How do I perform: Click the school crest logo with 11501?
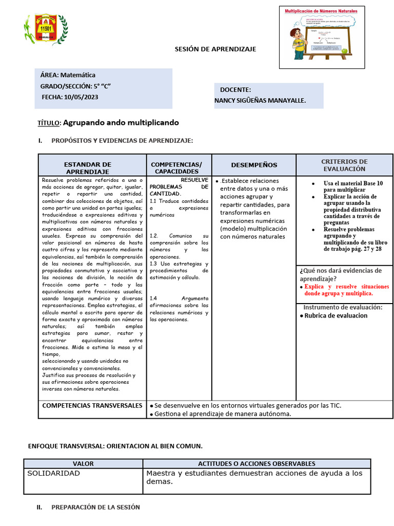coord(45,29)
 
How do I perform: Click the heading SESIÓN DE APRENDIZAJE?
coord(215,49)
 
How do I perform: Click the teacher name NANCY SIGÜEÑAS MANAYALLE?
coord(260,101)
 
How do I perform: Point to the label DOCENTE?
coord(235,89)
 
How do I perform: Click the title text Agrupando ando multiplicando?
coord(121,123)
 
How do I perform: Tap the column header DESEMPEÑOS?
coord(254,165)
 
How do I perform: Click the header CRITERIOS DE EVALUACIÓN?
coord(344,165)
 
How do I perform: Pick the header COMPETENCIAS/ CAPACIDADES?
coord(176,167)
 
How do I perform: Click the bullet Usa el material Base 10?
coord(353,186)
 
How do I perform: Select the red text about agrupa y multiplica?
coord(346,290)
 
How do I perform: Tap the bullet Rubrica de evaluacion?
coord(336,315)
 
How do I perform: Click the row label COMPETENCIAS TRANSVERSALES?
coord(92,406)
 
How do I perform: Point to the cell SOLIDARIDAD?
coord(53,474)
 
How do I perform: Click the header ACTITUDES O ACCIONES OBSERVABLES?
coord(257,463)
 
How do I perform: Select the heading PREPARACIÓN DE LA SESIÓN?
coord(95,507)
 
